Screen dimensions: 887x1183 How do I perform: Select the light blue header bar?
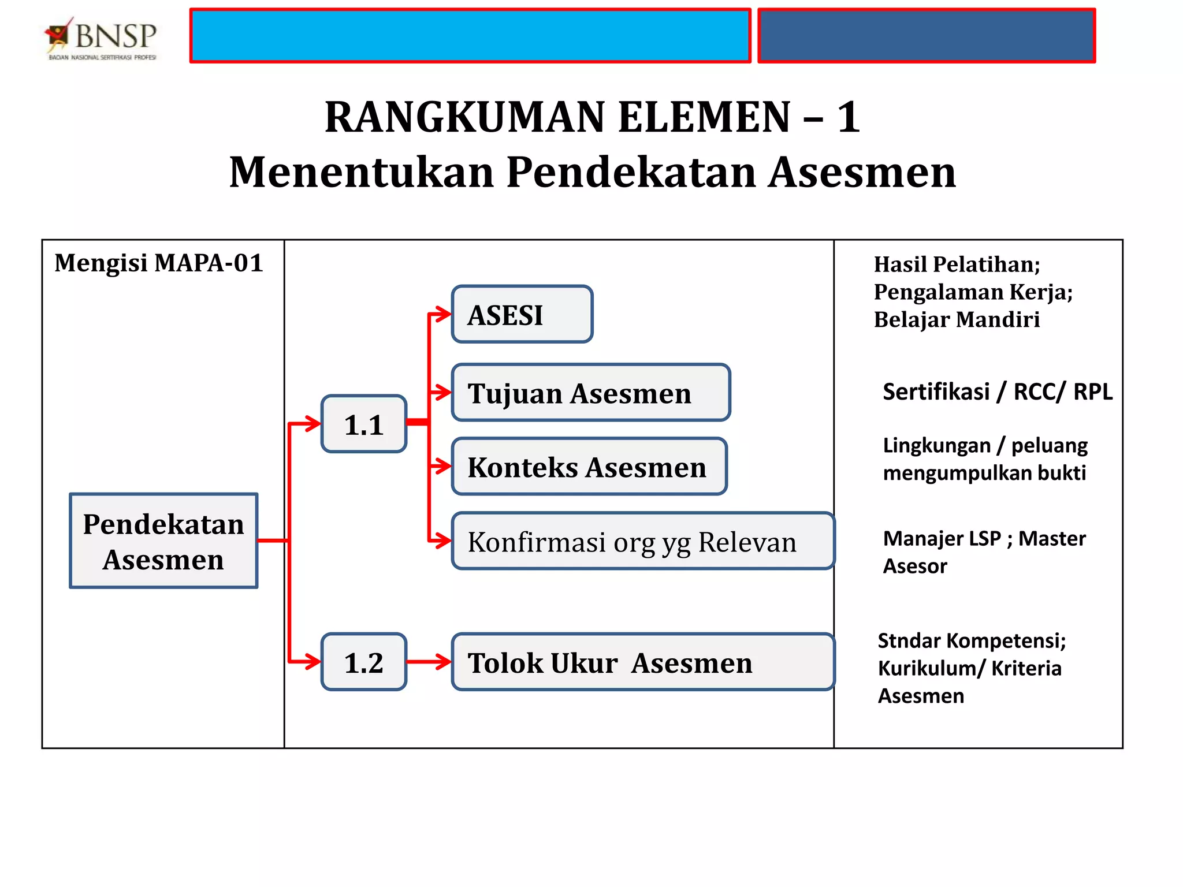[470, 36]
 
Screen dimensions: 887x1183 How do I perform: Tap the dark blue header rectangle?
[926, 36]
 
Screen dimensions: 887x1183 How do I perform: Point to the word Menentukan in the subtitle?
[362, 173]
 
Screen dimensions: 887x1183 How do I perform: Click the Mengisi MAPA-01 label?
[159, 263]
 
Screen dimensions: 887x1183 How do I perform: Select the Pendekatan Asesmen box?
[163, 541]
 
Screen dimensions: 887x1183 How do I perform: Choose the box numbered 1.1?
[364, 424]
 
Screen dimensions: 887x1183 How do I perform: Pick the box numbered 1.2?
[364, 662]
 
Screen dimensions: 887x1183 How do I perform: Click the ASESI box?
[522, 315]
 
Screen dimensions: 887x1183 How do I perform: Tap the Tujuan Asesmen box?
[590, 393]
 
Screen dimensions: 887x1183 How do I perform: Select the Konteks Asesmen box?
[589, 467]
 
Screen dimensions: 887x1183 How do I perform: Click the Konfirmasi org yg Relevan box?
[642, 542]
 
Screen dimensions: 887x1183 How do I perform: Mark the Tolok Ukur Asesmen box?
[642, 662]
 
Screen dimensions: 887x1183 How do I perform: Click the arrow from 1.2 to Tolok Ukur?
[428, 662]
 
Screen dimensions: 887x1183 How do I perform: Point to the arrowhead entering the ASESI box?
[443, 315]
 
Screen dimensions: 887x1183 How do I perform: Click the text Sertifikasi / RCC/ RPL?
[997, 392]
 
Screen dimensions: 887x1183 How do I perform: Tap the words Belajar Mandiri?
[957, 319]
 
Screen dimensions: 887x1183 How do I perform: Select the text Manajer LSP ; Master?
[984, 539]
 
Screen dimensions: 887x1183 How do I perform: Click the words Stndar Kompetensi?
[972, 641]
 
